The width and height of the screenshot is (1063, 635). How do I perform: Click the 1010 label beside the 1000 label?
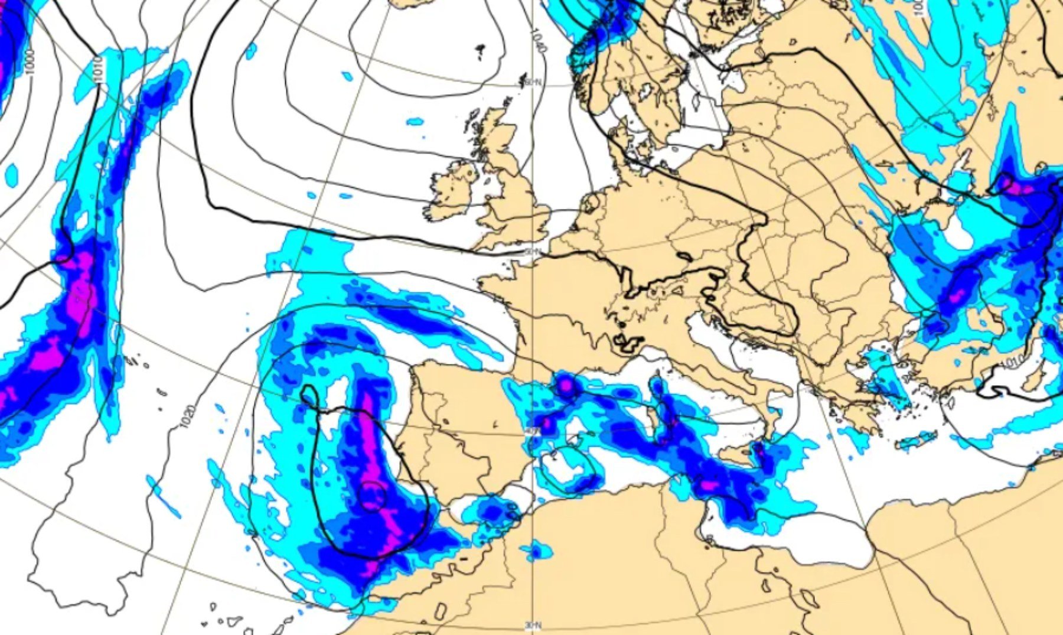click(x=99, y=70)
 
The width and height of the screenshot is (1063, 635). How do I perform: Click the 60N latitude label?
click(x=533, y=83)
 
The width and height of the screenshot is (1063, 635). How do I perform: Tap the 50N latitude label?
click(x=532, y=252)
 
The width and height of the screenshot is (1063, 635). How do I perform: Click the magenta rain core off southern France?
click(x=566, y=386)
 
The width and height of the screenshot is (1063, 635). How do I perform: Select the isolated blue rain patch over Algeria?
click(x=536, y=551)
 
